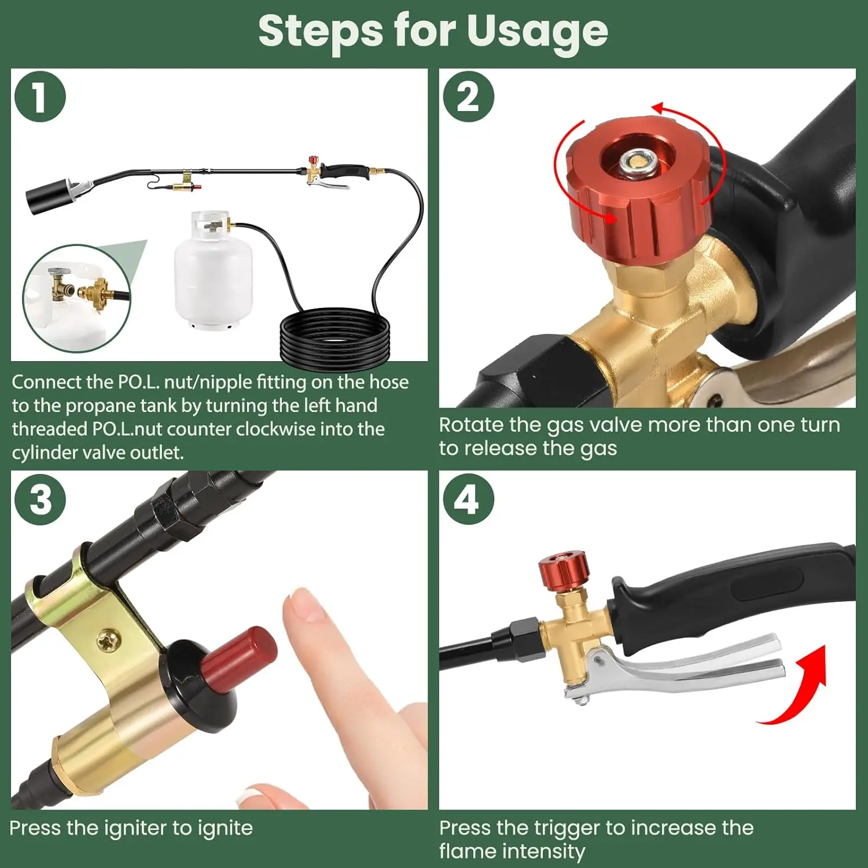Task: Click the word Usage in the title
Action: click(x=538, y=32)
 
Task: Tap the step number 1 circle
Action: click(x=40, y=97)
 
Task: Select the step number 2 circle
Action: click(x=469, y=97)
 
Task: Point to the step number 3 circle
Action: click(x=40, y=499)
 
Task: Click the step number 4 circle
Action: click(x=469, y=499)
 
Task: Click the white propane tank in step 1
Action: click(x=214, y=271)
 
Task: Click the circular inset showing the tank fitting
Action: click(x=77, y=297)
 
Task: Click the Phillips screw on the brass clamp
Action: click(x=108, y=641)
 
